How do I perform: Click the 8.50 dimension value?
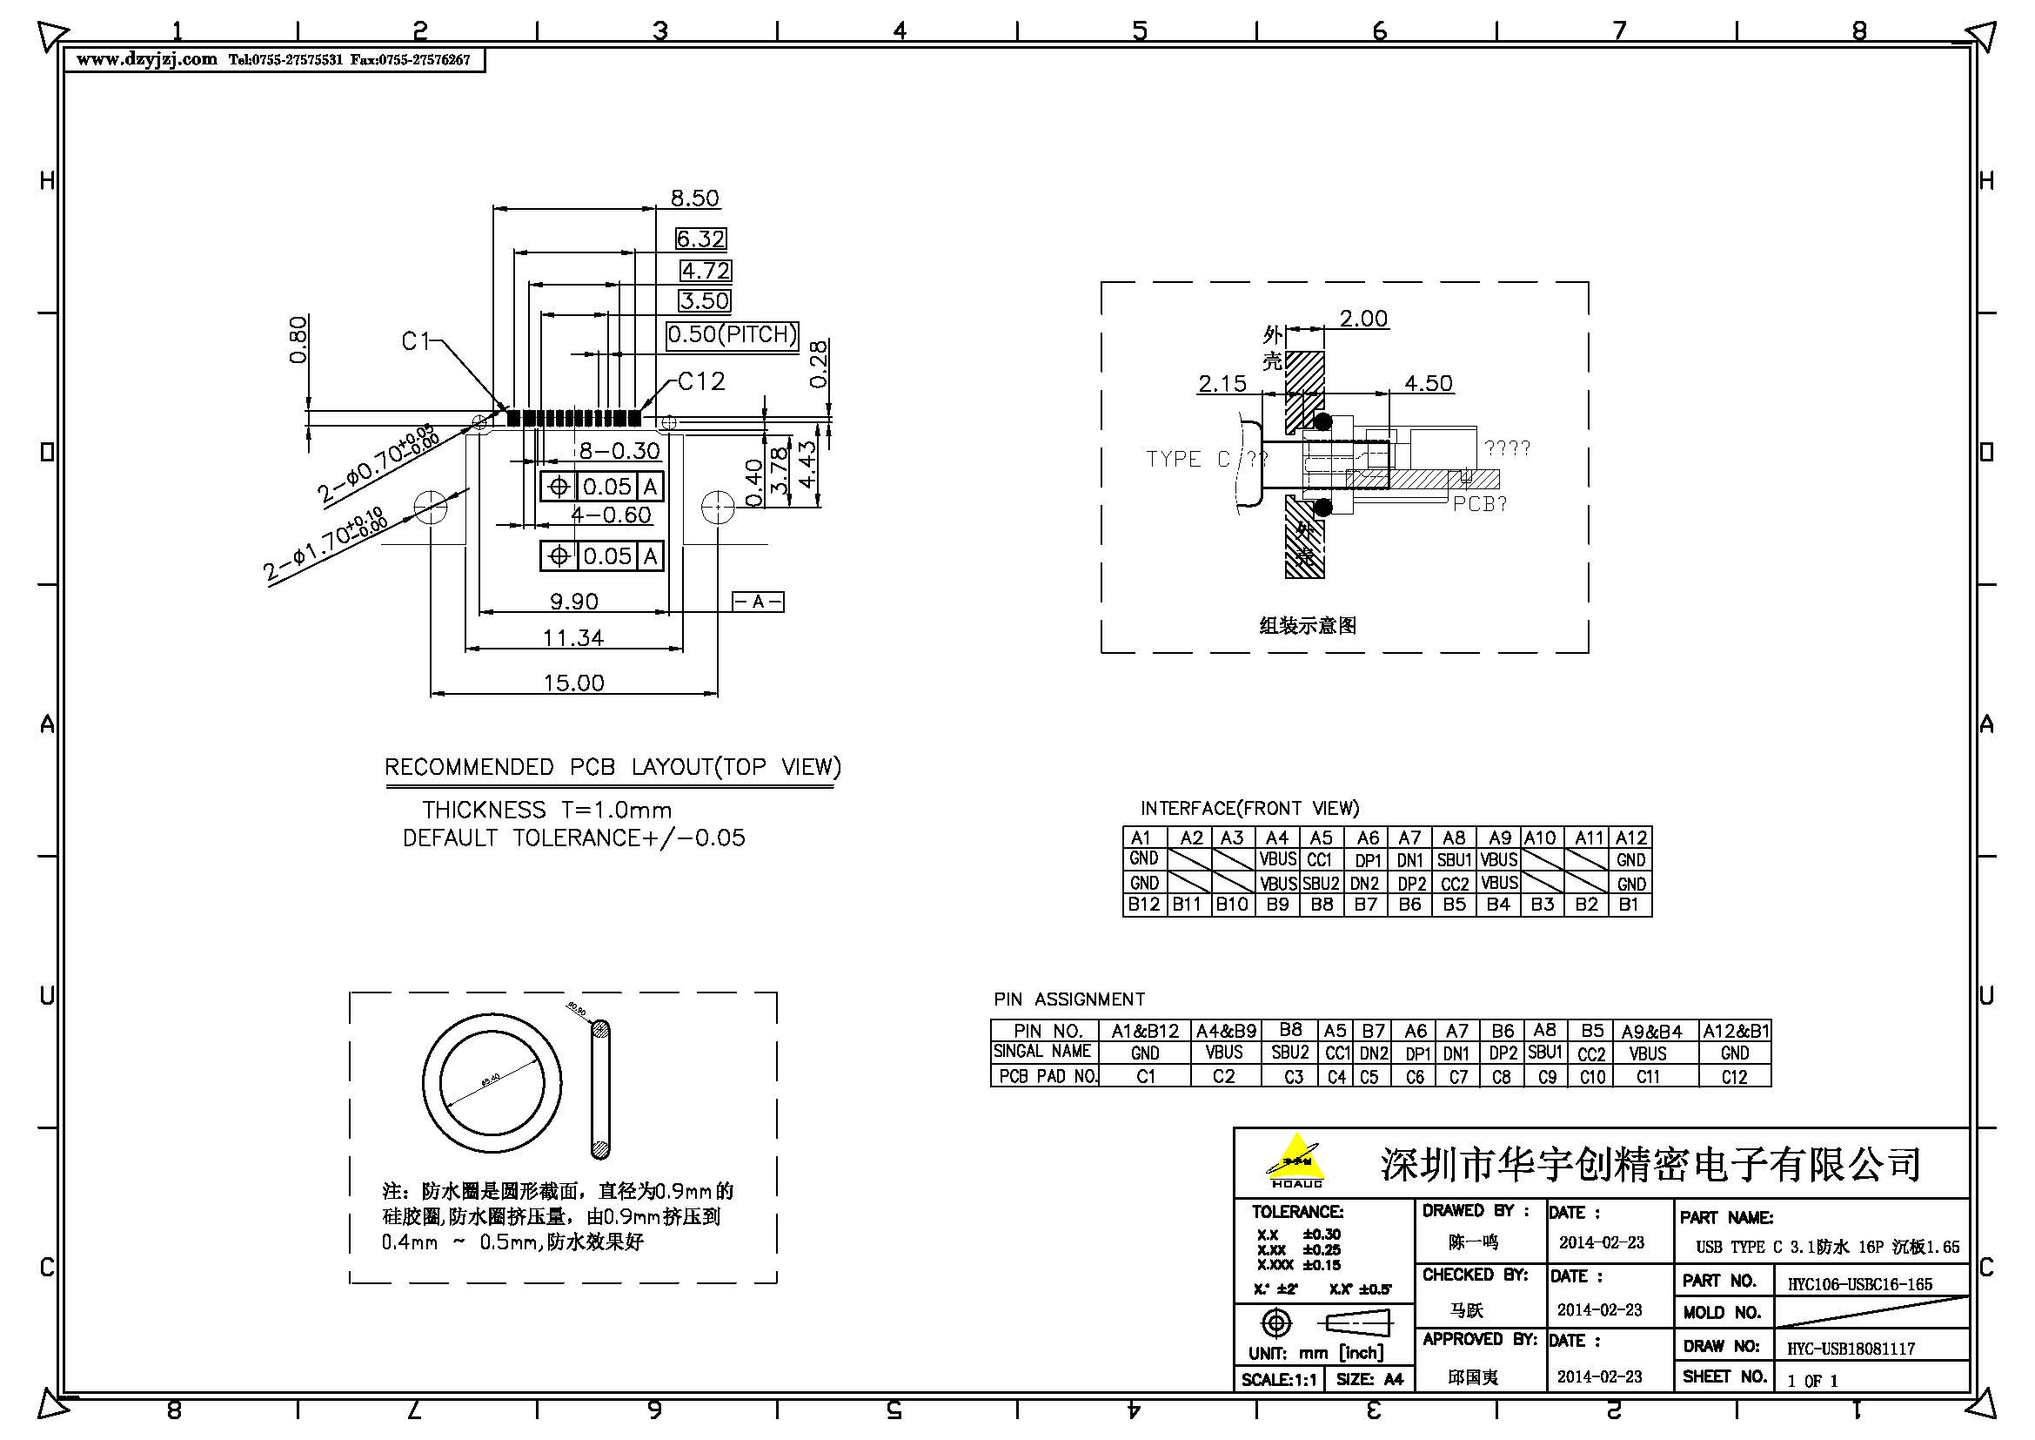point(694,198)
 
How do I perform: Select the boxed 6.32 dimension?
point(700,239)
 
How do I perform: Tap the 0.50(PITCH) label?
point(732,334)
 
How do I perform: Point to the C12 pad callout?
point(701,381)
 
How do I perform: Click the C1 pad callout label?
point(416,341)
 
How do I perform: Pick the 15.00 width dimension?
point(573,683)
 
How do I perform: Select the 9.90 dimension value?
point(573,602)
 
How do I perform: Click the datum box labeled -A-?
point(758,602)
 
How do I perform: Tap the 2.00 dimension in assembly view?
point(1362,319)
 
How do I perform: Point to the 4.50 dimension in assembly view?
point(1428,383)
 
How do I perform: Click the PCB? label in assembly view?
point(1479,503)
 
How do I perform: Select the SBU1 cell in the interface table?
point(1454,860)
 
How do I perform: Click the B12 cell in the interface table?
point(1143,905)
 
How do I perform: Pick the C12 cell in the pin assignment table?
point(1734,1077)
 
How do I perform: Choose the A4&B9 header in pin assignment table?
point(1226,1031)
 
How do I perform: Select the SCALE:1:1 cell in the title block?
point(1278,1380)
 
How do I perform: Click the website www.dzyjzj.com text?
point(146,59)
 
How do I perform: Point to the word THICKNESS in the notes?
point(483,810)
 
